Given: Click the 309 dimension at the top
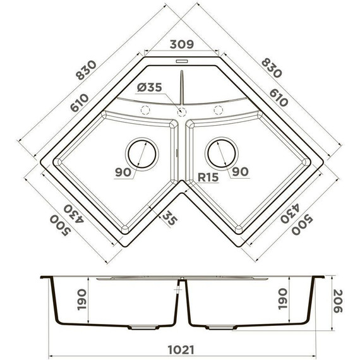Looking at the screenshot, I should (x=180, y=45).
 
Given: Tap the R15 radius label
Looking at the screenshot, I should (x=207, y=177).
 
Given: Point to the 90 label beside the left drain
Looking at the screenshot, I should (x=124, y=172).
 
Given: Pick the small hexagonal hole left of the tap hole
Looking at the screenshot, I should (x=146, y=109).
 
